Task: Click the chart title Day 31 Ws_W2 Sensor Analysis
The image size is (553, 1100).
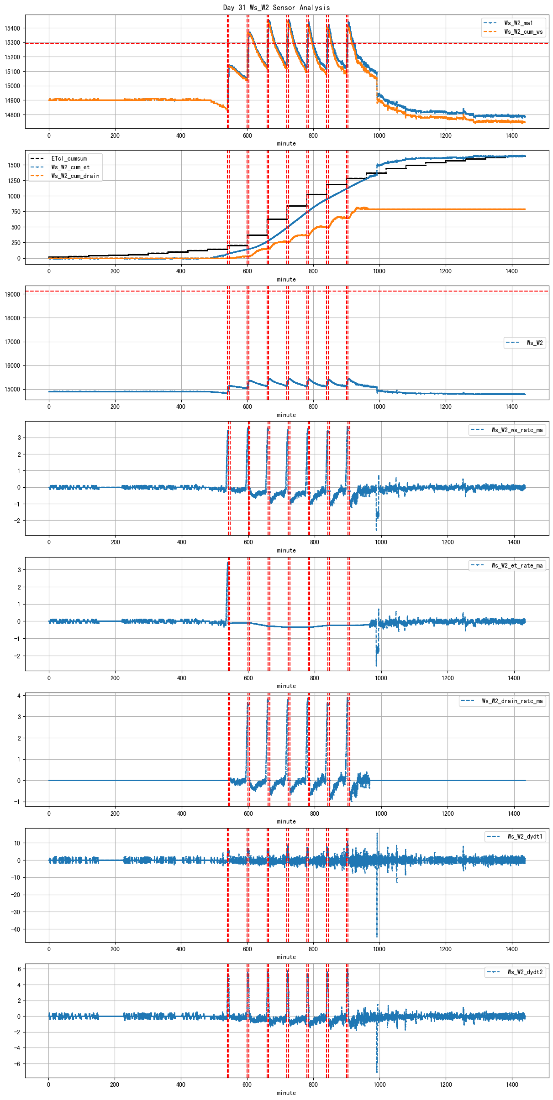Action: point(276,7)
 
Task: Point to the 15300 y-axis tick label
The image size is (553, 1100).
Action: point(12,42)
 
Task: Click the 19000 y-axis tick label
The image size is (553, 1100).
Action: point(12,294)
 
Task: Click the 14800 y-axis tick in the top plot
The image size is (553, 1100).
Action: point(12,115)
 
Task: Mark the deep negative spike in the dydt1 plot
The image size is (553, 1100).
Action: point(377,933)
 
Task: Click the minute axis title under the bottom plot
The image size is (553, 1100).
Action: point(286,1093)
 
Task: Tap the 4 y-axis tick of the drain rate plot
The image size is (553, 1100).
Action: point(19,696)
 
